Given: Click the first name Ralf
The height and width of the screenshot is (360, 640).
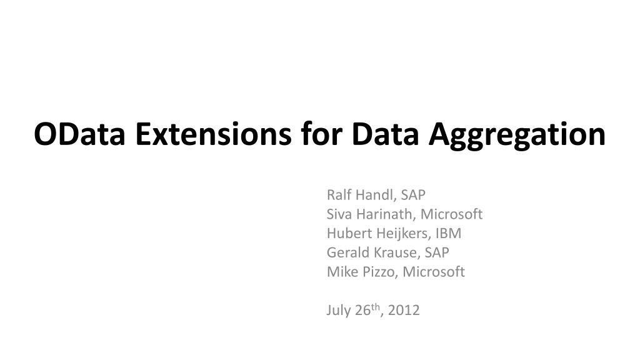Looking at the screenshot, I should (x=338, y=194).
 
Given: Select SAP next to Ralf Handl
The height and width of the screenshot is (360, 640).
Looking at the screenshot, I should (x=413, y=194).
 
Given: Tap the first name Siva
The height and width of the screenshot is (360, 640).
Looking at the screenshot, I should (x=339, y=214).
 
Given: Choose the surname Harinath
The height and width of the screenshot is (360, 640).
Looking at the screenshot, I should (x=384, y=214).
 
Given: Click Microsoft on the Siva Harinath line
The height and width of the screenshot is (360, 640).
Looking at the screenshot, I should (x=451, y=214).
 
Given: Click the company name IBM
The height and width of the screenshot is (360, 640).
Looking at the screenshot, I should (x=449, y=234).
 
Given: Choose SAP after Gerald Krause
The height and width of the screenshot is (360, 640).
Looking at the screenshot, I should (x=437, y=252).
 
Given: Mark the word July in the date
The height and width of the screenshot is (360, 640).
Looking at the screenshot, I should (x=337, y=311).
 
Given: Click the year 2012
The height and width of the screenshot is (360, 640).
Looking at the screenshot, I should (x=404, y=311).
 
